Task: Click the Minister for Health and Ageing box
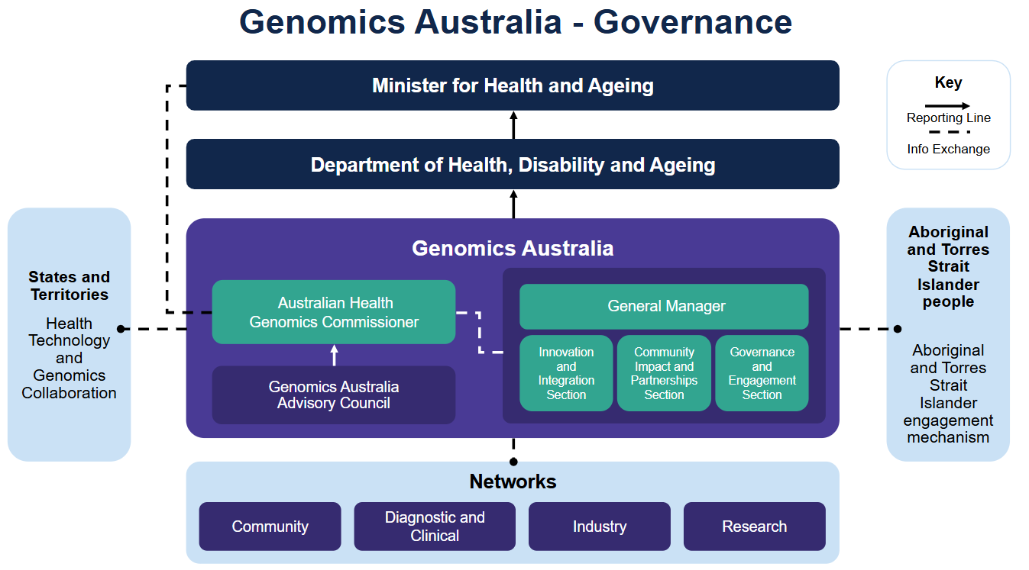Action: (513, 85)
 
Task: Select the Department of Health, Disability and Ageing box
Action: (513, 164)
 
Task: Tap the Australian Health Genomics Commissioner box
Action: (334, 312)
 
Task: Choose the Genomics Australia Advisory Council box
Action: (334, 395)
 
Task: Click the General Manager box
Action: (664, 306)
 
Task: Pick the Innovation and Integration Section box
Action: (566, 373)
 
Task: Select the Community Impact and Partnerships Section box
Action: (664, 373)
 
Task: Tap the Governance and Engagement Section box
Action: (762, 373)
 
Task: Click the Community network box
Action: (270, 527)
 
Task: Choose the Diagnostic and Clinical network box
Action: (435, 527)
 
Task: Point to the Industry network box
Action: (600, 527)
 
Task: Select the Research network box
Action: (755, 527)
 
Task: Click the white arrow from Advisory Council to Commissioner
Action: (334, 355)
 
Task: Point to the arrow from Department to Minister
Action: (513, 125)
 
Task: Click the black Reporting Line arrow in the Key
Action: (947, 106)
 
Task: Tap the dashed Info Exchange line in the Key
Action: (947, 132)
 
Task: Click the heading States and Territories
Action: (70, 285)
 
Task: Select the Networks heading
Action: (513, 481)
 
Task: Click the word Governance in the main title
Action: (692, 21)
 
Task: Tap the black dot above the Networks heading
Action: (513, 462)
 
